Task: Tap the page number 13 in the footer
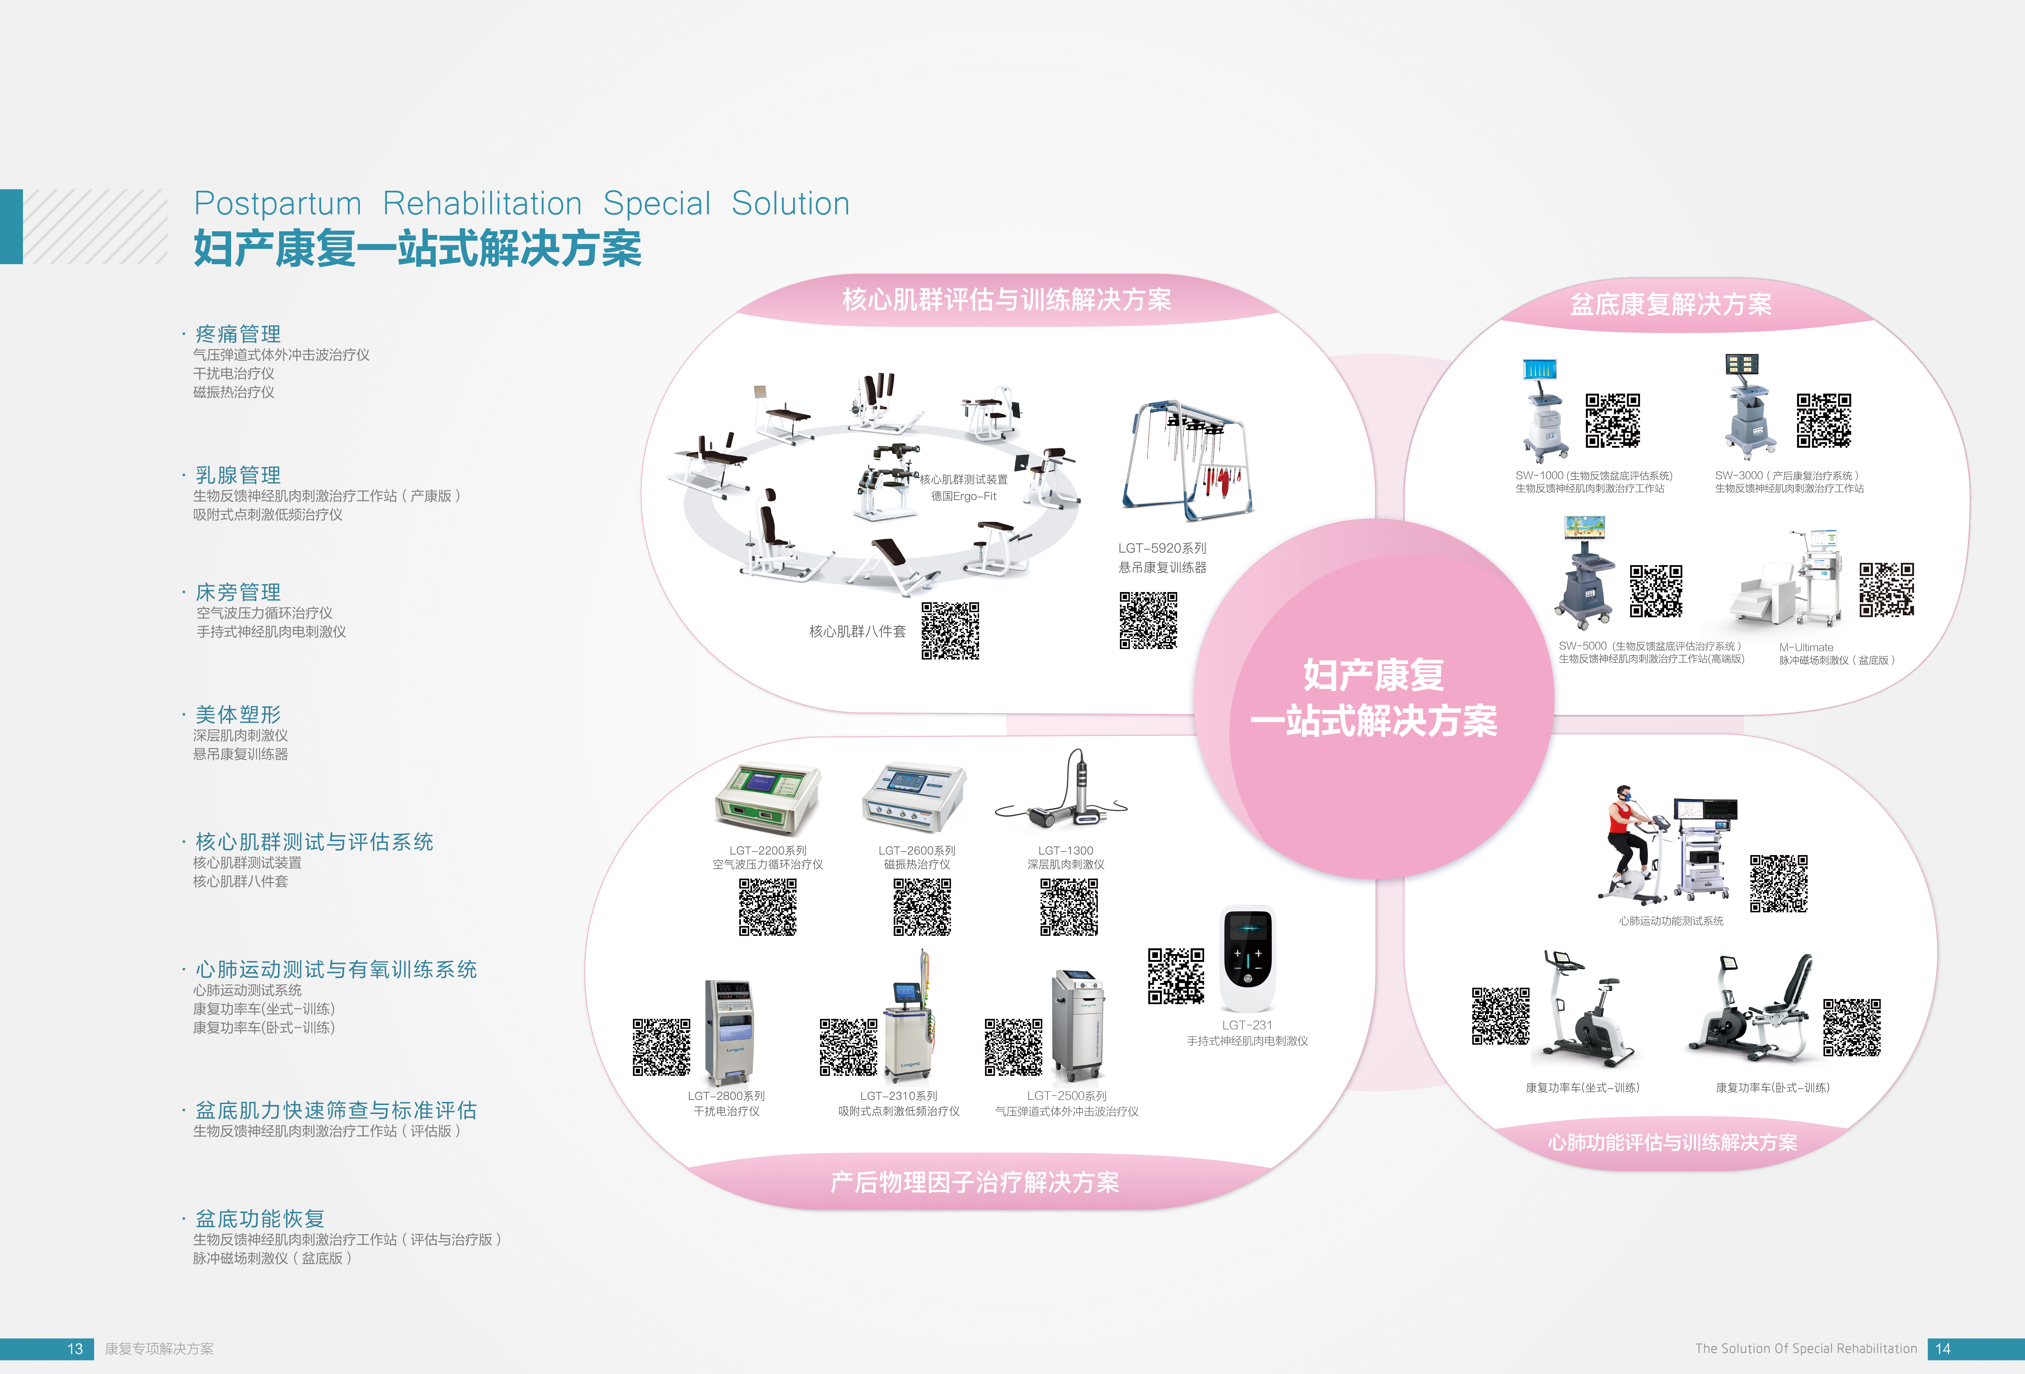point(75,1349)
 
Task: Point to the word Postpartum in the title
point(277,204)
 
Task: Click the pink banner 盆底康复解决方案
point(1670,304)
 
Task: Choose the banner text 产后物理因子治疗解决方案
point(974,1182)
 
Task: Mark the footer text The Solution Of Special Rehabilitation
point(1805,1349)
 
